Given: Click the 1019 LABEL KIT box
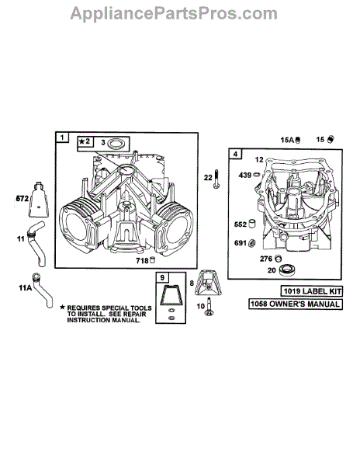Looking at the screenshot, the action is (311, 291).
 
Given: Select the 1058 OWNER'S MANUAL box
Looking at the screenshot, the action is (296, 304).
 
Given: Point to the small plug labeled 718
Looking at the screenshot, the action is (153, 260).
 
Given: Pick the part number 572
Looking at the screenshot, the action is (22, 199).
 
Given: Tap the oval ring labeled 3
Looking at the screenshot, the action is (115, 144).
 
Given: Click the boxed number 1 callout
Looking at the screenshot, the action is (62, 137).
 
